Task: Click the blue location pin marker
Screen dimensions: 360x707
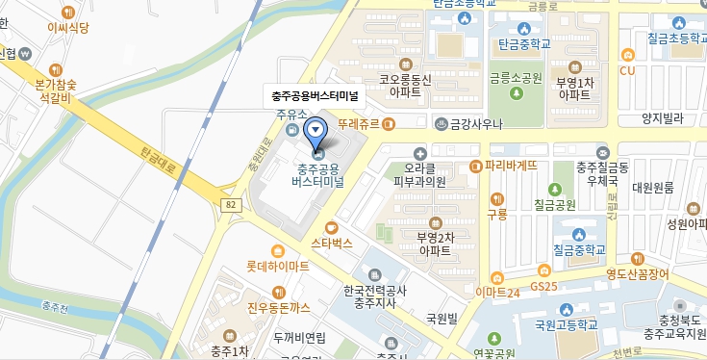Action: point(315,133)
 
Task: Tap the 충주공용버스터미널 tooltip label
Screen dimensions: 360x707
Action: point(315,95)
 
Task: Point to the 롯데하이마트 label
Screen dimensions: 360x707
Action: point(277,264)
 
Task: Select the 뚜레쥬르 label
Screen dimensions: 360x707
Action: point(360,124)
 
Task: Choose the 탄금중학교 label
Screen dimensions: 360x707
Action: point(524,43)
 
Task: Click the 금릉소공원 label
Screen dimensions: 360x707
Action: point(516,78)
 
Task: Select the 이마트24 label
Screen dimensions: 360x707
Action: point(497,292)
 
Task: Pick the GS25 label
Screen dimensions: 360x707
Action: point(543,286)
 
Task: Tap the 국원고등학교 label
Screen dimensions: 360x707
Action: point(567,324)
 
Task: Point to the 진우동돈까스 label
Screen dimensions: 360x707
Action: point(279,308)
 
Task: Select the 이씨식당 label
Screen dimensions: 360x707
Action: point(67,28)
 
